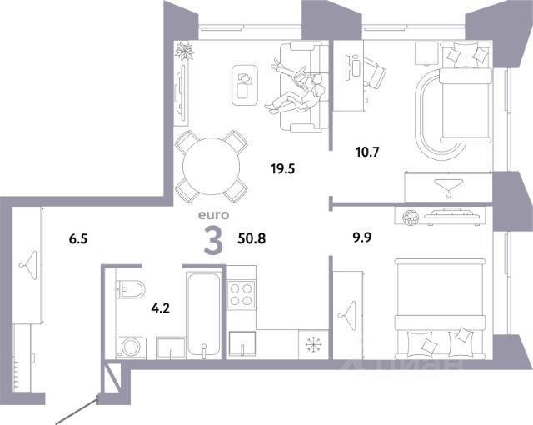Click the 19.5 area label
(283, 168)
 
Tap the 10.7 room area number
(367, 152)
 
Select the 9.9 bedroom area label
(361, 237)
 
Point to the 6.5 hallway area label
(78, 239)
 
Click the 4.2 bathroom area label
(161, 308)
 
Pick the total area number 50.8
(252, 238)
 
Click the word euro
(213, 215)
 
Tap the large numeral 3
(213, 240)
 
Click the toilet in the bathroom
(131, 289)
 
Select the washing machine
(131, 347)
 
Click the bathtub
(203, 314)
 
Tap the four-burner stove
(241, 294)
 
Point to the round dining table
(211, 166)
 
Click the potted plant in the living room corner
(184, 52)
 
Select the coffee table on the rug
(245, 85)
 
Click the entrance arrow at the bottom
(77, 412)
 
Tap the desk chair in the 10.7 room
(375, 72)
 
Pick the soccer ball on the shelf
(410, 217)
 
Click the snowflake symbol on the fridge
(313, 344)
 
